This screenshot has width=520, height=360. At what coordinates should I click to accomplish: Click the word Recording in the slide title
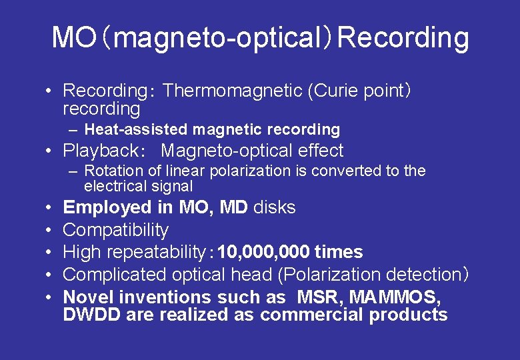tap(403, 39)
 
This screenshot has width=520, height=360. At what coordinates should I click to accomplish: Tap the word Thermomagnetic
tap(233, 91)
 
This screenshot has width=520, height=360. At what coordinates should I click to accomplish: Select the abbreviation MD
tap(233, 208)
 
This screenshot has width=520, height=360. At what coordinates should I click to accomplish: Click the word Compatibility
tap(115, 230)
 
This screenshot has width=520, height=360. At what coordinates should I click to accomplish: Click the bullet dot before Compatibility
tap(49, 230)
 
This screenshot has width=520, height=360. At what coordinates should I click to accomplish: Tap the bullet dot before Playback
tap(49, 151)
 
